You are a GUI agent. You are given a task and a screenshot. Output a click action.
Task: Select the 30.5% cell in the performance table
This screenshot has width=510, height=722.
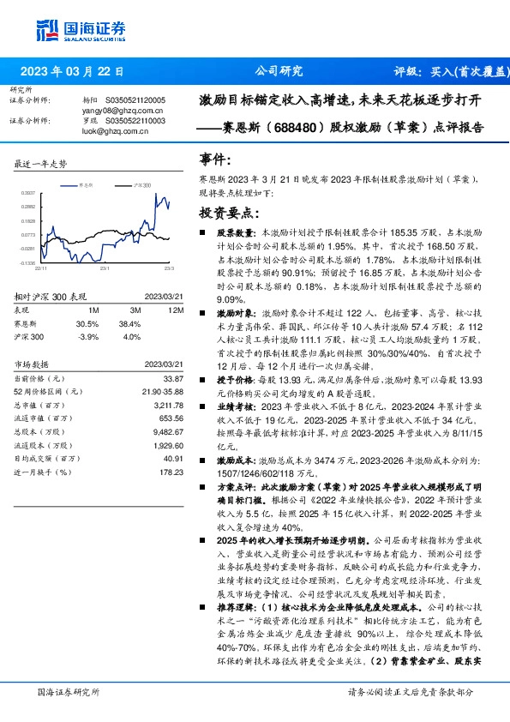tap(87, 323)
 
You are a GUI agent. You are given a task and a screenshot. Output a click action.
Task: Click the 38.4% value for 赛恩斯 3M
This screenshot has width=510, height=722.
tap(129, 323)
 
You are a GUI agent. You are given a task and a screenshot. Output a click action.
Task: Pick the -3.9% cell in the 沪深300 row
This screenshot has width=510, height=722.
tap(89, 336)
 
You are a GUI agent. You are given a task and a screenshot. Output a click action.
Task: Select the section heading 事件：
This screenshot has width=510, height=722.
tap(214, 159)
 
